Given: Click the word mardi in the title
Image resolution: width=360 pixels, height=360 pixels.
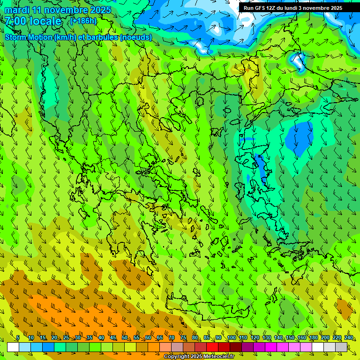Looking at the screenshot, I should pos(17,10).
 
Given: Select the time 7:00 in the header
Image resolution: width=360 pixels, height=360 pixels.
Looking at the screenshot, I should pos(15,21).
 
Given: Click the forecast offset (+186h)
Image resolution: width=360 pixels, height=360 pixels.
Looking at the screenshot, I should pos(83,21).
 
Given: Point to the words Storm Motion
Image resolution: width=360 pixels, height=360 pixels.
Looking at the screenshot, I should pos(28,37).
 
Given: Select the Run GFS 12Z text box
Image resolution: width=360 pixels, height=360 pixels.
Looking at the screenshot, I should pos(292,8).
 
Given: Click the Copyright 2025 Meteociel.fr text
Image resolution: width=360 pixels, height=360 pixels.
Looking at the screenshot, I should pos(199,357).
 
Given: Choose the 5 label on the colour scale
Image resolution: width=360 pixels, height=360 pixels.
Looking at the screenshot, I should pos(18,338).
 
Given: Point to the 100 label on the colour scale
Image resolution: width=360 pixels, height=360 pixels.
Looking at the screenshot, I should pos(231,338).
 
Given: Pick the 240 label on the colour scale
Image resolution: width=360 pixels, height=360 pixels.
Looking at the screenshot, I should pos(349,338).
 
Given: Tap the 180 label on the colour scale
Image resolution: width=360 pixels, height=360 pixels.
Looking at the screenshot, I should pos(313,338).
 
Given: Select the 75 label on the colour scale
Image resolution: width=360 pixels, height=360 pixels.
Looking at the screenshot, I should pos(183,338).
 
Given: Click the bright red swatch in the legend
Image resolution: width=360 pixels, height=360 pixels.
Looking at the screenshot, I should pos(212,347).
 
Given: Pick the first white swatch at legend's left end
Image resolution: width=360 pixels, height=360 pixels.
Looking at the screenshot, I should pos(13,347).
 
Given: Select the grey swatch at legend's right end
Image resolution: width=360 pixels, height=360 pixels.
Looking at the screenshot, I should pos(341,347).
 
